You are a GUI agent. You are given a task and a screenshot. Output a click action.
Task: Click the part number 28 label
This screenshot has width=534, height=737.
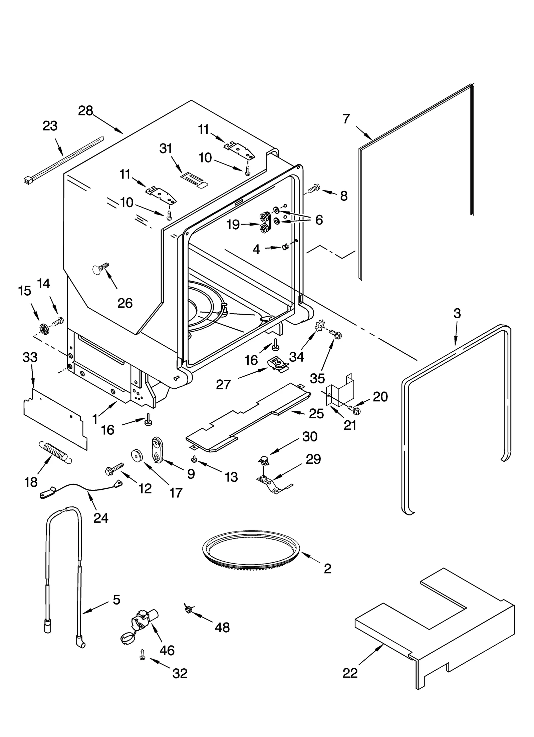click(85, 111)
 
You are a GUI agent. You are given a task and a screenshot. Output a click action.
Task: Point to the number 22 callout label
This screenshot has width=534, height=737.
click(350, 673)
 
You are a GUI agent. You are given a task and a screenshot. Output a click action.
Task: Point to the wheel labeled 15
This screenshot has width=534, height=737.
click(44, 329)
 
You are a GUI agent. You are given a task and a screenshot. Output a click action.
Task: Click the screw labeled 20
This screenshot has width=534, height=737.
click(353, 409)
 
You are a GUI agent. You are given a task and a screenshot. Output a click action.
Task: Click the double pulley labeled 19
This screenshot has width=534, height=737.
click(266, 223)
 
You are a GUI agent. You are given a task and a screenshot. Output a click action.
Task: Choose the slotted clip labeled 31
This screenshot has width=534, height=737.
click(194, 180)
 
